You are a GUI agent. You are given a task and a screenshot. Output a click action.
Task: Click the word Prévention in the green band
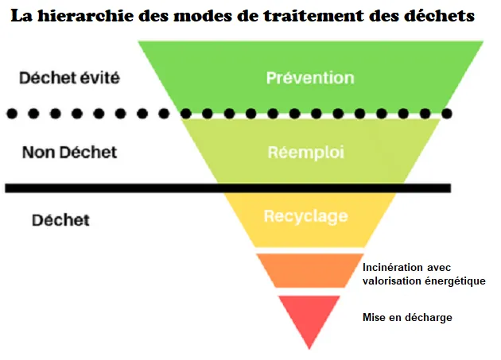[x=310, y=78]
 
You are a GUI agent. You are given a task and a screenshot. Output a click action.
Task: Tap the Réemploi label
[x=306, y=153]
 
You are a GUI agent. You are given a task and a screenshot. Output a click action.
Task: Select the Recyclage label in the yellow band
[x=306, y=216]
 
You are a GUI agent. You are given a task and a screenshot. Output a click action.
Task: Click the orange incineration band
[x=310, y=270]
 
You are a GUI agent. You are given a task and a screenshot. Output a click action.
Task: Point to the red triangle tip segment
[x=309, y=316]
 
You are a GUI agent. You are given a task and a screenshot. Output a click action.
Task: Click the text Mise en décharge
[x=407, y=318]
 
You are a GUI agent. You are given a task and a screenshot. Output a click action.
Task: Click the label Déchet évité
[x=69, y=78]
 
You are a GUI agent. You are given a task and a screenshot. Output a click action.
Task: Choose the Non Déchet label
[x=69, y=152]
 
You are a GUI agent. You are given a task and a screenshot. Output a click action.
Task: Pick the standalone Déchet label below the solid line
[x=60, y=220]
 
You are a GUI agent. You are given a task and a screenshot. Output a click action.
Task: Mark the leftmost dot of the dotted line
[x=12, y=114]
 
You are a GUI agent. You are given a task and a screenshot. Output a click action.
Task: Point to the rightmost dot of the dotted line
[x=447, y=114]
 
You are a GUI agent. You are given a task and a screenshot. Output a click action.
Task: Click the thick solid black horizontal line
[x=227, y=188]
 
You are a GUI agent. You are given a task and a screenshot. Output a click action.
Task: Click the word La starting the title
[x=21, y=16]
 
